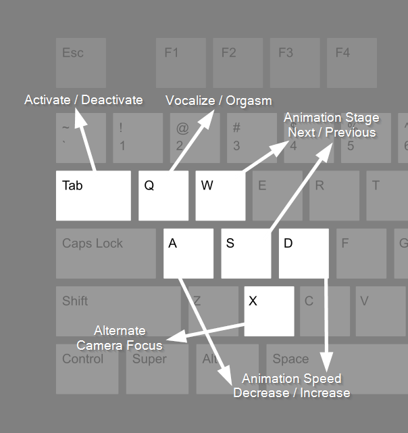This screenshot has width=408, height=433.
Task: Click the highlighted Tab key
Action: coord(93,195)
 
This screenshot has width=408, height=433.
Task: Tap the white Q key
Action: coord(163,195)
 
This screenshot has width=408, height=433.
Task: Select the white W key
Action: coord(220,195)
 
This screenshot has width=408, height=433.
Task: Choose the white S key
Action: coord(246,253)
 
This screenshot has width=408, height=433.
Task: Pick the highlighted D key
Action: coord(303,253)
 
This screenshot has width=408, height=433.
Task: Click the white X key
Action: coord(269,311)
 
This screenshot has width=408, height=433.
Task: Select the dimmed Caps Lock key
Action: coord(105,253)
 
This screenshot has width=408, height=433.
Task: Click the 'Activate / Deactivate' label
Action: coord(84,100)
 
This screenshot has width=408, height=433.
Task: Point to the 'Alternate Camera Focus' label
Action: coord(120,338)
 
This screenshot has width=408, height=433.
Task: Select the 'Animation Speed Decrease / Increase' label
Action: coord(292,386)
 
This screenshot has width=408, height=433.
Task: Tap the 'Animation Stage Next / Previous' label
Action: coord(331,125)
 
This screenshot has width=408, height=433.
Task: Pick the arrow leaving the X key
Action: coord(206,332)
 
